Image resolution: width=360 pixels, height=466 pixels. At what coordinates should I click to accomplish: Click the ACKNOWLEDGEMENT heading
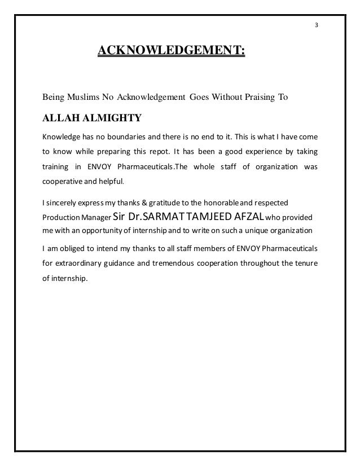(172, 52)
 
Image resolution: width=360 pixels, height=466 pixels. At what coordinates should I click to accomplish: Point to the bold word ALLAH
(60, 118)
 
